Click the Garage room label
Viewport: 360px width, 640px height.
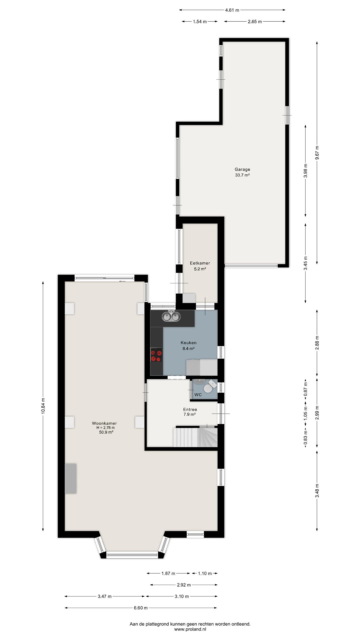click(242, 169)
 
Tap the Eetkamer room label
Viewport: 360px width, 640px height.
click(200, 263)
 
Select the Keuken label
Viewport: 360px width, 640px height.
click(188, 343)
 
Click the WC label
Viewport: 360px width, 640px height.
click(198, 395)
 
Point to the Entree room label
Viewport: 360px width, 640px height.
click(190, 410)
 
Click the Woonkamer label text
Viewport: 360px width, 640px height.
click(104, 423)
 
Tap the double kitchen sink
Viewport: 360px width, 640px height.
click(171, 316)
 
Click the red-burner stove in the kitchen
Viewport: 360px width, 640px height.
click(156, 355)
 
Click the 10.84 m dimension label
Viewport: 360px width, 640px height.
click(43, 406)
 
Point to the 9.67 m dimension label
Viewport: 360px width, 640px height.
click(317, 153)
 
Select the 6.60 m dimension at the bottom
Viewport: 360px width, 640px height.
click(140, 608)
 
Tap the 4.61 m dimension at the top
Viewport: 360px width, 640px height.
click(232, 10)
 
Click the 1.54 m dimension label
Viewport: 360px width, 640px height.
click(200, 22)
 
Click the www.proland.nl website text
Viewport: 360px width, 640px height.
click(190, 629)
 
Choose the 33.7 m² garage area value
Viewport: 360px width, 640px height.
click(242, 175)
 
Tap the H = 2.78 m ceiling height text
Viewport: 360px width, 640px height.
click(105, 428)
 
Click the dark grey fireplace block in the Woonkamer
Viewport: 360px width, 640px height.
click(71, 478)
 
